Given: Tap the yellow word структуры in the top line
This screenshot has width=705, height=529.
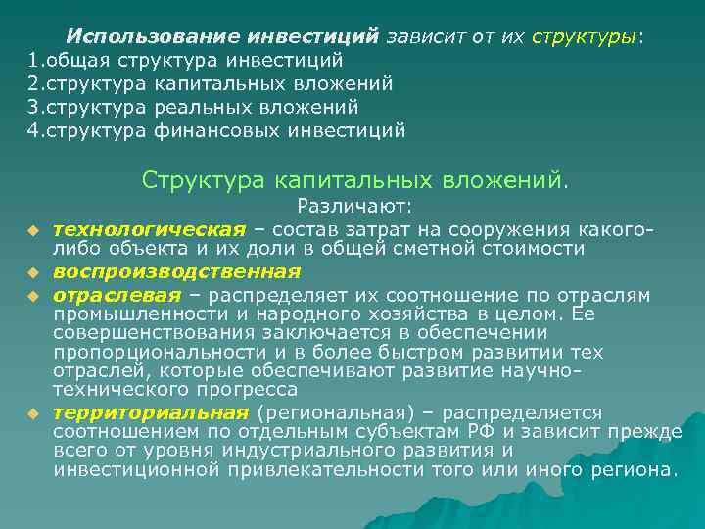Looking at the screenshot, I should coord(585,37).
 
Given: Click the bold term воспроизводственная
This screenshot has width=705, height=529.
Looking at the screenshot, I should coord(176,271).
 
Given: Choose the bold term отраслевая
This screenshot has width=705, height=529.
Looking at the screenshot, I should coord(117,293).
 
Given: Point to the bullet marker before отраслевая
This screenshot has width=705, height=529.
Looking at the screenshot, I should coord(31,295).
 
